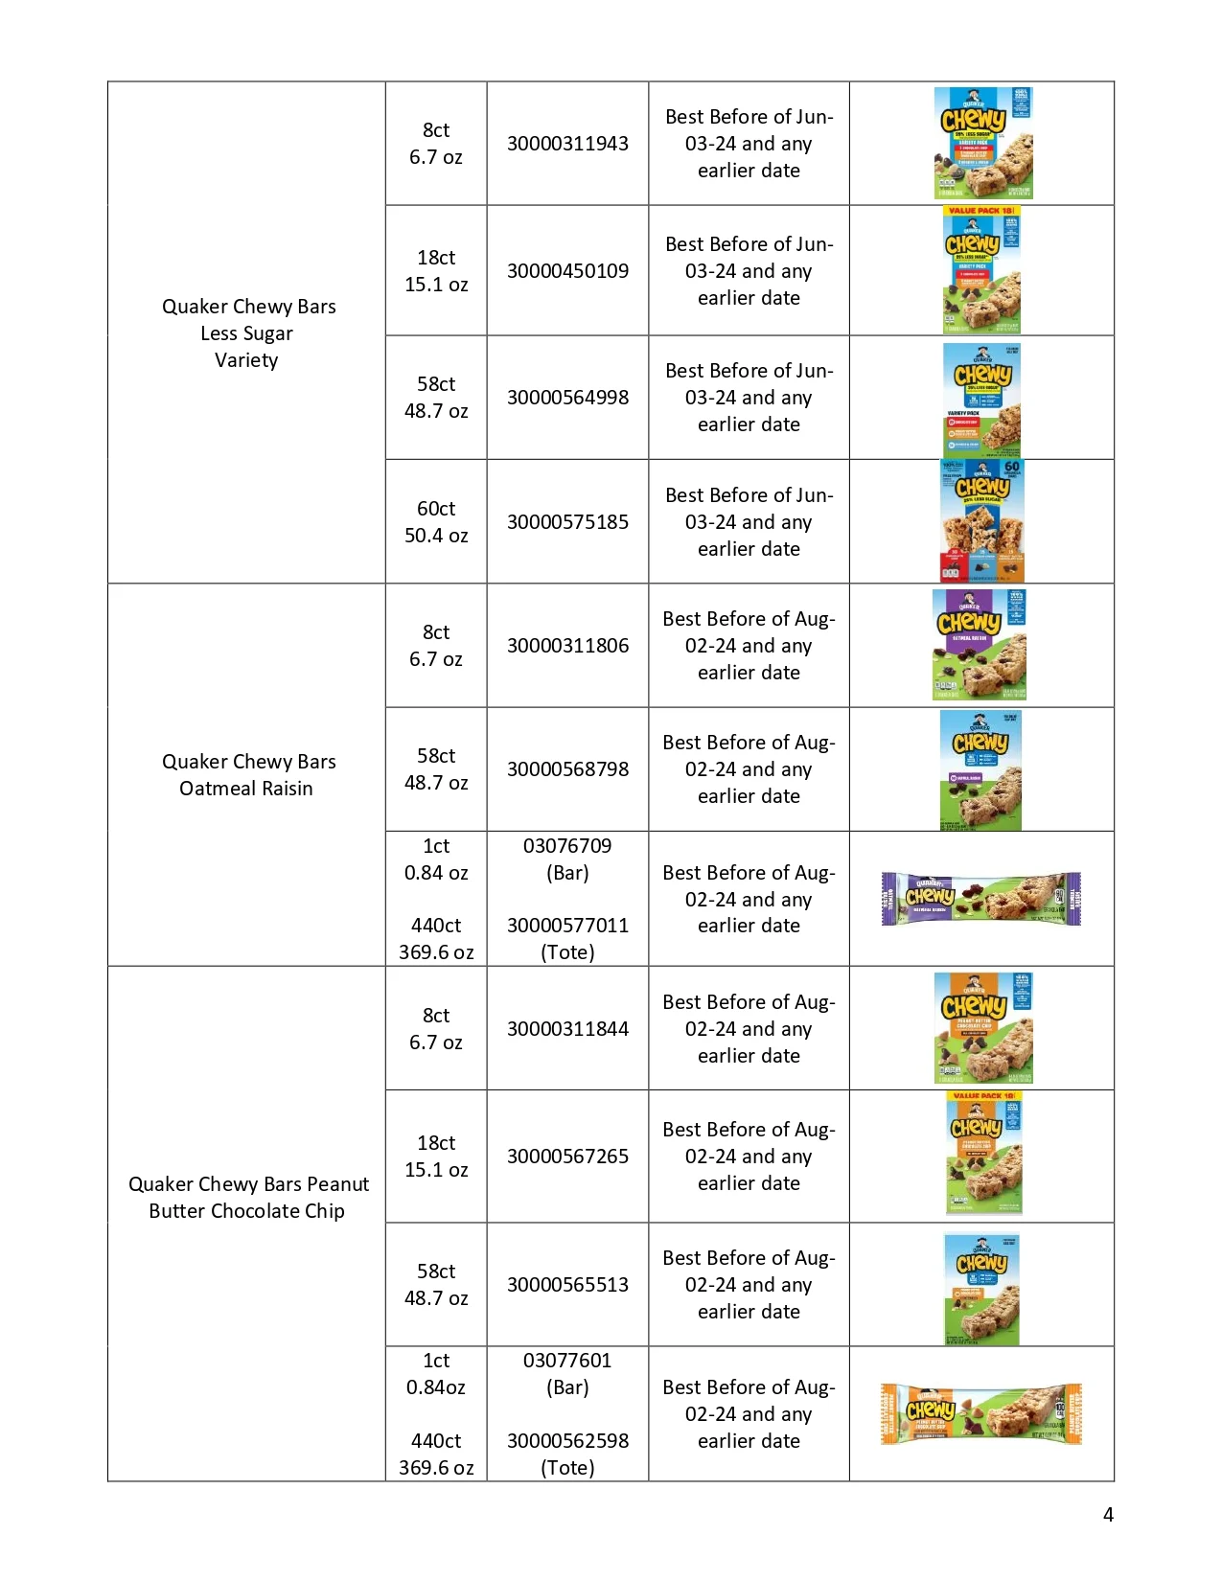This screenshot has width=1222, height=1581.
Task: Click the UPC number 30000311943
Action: point(567,144)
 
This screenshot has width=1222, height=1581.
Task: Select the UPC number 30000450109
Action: point(567,271)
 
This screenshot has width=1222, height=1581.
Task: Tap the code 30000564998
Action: point(567,398)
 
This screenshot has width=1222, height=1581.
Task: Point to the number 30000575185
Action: point(567,522)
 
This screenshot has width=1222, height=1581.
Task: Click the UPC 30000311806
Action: point(567,646)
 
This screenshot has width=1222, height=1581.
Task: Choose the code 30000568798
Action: point(567,769)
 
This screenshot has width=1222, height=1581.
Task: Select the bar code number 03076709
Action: point(567,846)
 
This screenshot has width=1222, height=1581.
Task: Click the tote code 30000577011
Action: point(567,926)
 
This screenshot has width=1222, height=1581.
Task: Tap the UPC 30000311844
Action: point(567,1029)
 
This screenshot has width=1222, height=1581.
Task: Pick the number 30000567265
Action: point(567,1157)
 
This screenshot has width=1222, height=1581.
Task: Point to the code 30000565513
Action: point(567,1285)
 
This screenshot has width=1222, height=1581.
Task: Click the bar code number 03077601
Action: point(567,1361)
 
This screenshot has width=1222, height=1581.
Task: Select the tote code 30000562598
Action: point(567,1441)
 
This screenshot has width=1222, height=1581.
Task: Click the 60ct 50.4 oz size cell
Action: point(436,522)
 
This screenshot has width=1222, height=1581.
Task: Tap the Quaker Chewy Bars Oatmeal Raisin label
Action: point(248,775)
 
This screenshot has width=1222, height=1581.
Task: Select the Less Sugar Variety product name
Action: point(248,333)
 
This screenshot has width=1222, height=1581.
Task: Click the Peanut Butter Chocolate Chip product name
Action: point(248,1198)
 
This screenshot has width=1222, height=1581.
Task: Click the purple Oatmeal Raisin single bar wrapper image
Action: point(980,899)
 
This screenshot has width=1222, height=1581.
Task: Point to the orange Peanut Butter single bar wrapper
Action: point(980,1413)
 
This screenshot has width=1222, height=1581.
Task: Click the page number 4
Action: point(1108,1515)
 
